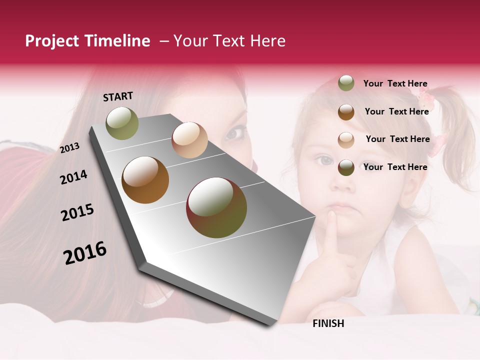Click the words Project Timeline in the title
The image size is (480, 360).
pyautogui.click(x=87, y=41)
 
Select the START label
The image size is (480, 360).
pyautogui.click(x=118, y=96)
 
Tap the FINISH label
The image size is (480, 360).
pyautogui.click(x=328, y=323)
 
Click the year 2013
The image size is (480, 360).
pyautogui.click(x=70, y=147)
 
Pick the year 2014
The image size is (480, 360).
pyautogui.click(x=73, y=177)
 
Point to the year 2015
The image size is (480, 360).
pyautogui.click(x=77, y=212)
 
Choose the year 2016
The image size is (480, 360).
pyautogui.click(x=85, y=253)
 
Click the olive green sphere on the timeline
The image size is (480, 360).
pyautogui.click(x=122, y=123)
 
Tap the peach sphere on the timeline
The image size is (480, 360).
pyautogui.click(x=189, y=140)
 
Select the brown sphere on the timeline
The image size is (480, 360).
pyautogui.click(x=145, y=180)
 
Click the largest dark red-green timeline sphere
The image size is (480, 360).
pyautogui.click(x=216, y=207)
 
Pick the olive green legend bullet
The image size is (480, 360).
pyautogui.click(x=346, y=83)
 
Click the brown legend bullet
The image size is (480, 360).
pyautogui.click(x=346, y=112)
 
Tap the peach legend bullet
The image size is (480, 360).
pyautogui.click(x=346, y=139)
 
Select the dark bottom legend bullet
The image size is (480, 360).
pyautogui.click(x=346, y=167)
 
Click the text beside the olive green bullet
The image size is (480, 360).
pyautogui.click(x=395, y=84)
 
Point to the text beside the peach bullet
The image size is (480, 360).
pyautogui.click(x=397, y=139)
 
